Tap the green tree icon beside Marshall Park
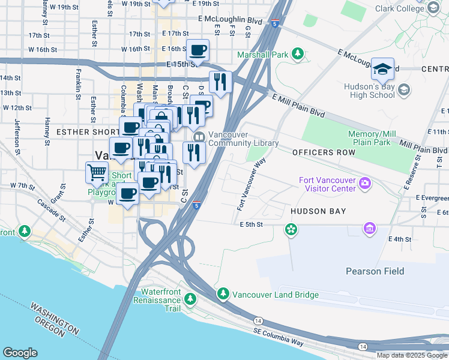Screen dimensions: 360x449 coord(297,55)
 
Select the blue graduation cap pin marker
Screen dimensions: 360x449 coord(382,70)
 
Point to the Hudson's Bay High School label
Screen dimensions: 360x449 coord(370,91)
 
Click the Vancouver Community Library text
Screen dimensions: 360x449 coord(243,139)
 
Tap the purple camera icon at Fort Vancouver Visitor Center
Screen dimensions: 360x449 coord(364,182)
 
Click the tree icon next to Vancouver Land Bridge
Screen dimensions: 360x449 coord(223,293)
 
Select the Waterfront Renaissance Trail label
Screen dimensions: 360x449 coord(160,300)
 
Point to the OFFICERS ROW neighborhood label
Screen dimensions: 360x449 coord(324,153)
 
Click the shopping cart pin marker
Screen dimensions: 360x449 coord(97,173)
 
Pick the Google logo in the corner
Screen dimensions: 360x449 coord(20,352)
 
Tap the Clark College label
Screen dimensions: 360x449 coord(400,8)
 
